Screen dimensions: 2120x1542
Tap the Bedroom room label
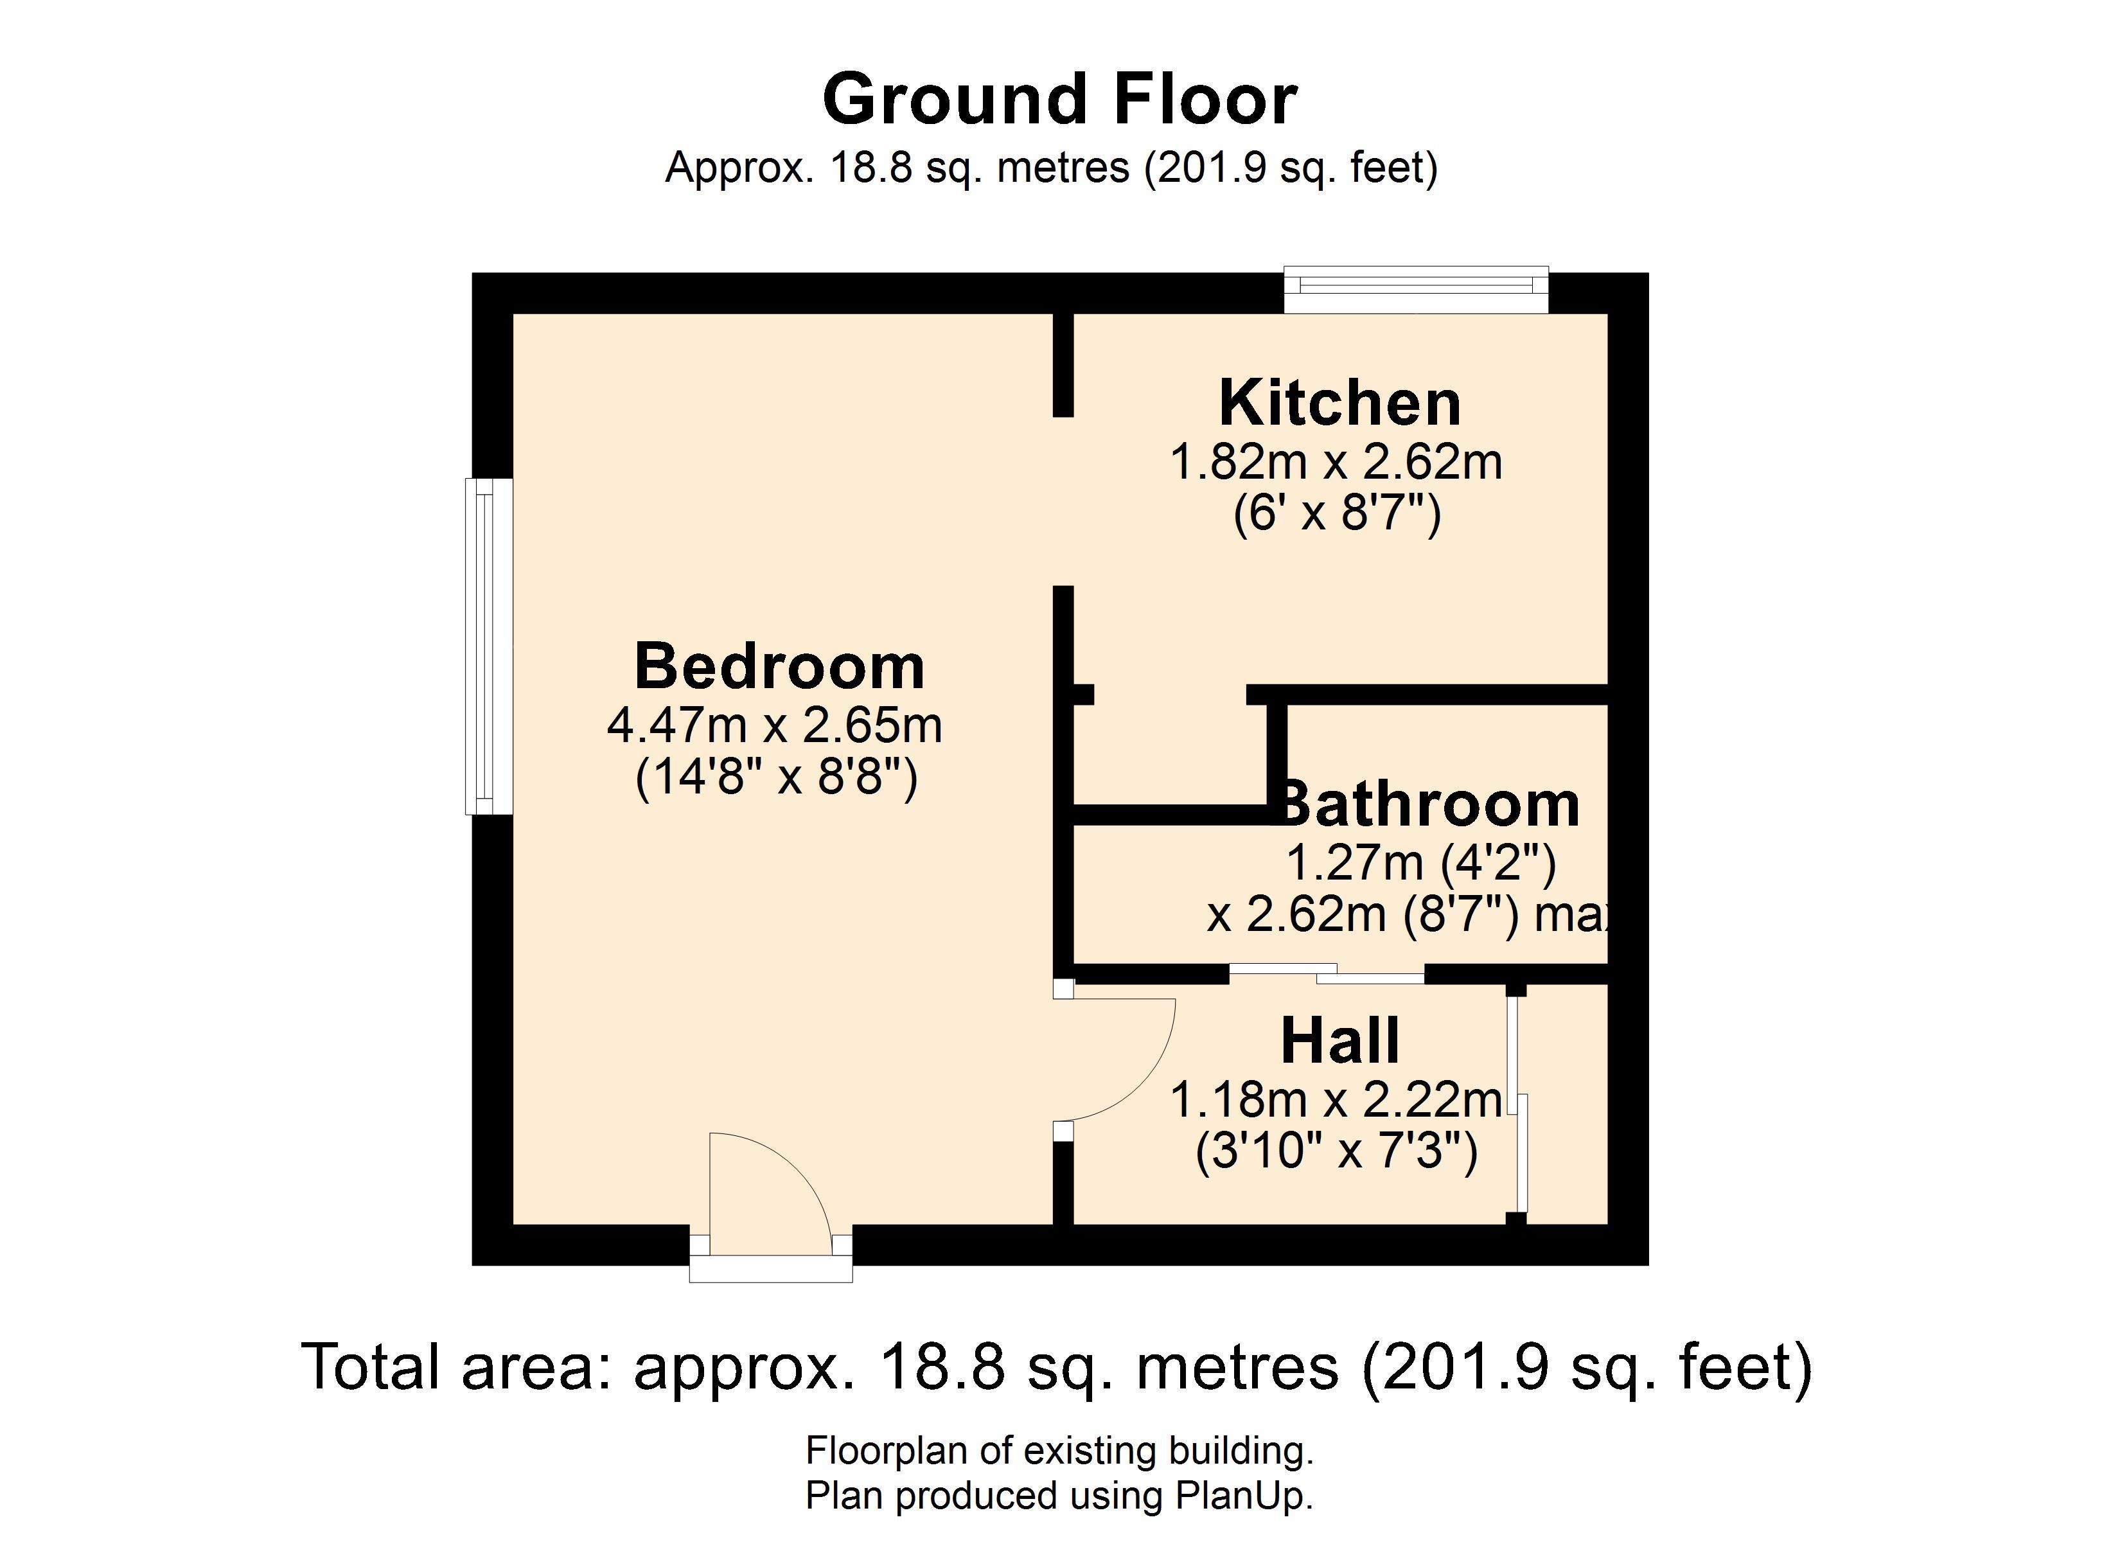pyautogui.click(x=779, y=667)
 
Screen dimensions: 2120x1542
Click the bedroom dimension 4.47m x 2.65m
pyautogui.click(x=775, y=725)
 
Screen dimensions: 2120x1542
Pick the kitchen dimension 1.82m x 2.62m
pyautogui.click(x=1337, y=463)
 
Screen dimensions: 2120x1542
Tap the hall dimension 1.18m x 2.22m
pyautogui.click(x=1337, y=1100)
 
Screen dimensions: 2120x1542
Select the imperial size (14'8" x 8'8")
pyautogui.click(x=776, y=777)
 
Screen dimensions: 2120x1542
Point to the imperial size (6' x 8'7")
pyautogui.click(x=1337, y=513)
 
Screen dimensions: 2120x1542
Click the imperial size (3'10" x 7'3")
pyautogui.click(x=1337, y=1151)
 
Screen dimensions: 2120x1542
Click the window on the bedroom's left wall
pyautogui.click(x=489, y=646)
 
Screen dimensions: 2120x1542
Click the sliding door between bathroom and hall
pyautogui.click(x=1327, y=973)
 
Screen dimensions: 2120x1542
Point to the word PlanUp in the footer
pyautogui.click(x=1243, y=1497)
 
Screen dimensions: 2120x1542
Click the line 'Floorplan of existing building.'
pyautogui.click(x=1060, y=1451)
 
